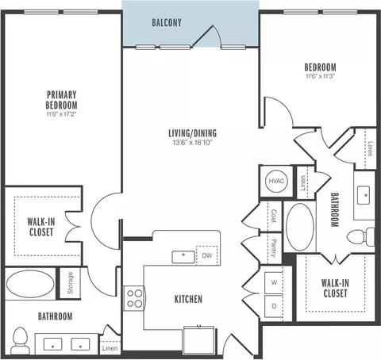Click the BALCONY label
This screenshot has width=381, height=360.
coord(167,23)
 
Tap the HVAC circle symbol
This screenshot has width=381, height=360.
coord(276,181)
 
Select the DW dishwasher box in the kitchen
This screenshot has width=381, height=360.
coord(207,255)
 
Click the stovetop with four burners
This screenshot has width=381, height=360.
coord(134,298)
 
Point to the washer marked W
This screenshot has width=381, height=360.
coord(274,282)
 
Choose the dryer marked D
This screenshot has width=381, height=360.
coord(274,306)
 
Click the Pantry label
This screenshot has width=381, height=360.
coord(274,248)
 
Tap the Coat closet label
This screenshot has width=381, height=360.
coord(274,216)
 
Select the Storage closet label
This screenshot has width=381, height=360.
coord(70,283)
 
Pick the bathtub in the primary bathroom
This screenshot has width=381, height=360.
coord(30,284)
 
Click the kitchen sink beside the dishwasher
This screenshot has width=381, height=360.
coord(183,257)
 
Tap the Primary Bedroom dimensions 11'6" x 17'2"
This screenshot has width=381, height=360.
coord(61,114)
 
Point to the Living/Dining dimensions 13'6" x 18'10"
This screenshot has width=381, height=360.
coord(193,143)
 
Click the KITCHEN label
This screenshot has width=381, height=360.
coord(188,299)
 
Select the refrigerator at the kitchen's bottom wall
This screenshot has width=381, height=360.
coord(198,340)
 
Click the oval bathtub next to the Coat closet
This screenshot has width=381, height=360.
coord(300,227)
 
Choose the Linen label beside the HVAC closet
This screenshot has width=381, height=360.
coord(303,182)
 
